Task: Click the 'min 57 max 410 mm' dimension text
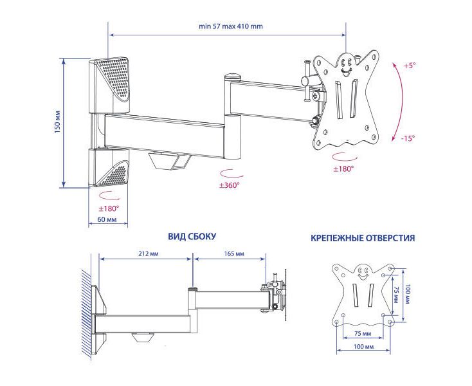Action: pyautogui.click(x=230, y=27)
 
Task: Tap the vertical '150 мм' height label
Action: pyautogui.click(x=57, y=123)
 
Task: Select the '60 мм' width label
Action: pyautogui.click(x=107, y=220)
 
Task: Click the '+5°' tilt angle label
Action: pyautogui.click(x=410, y=66)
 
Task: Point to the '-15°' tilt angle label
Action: pyautogui.click(x=408, y=138)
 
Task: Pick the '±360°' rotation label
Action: pyautogui.click(x=228, y=185)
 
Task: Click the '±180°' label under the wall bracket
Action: pyautogui.click(x=109, y=208)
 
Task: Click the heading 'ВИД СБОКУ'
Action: pyautogui.click(x=192, y=237)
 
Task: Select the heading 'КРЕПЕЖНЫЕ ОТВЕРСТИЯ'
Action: pyautogui.click(x=363, y=238)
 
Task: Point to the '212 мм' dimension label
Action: pyautogui.click(x=148, y=253)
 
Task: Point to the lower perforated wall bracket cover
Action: pyautogui.click(x=112, y=169)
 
